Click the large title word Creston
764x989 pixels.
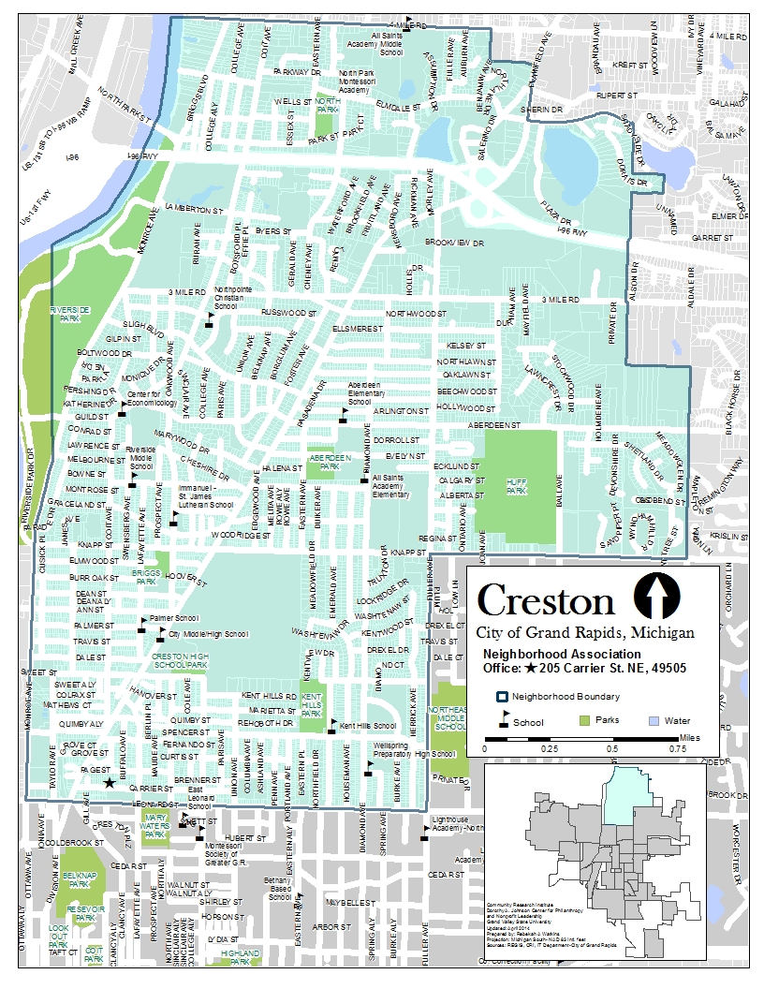point(546,600)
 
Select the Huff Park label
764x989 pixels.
point(516,486)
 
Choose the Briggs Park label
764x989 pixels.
point(145,576)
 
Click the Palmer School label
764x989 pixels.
point(174,619)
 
